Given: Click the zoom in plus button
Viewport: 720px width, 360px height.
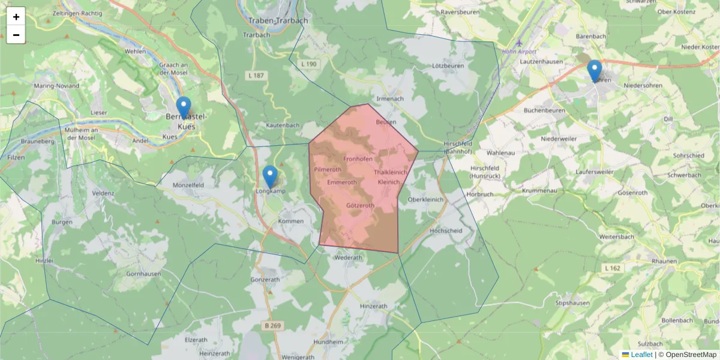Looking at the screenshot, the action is [x=16, y=17].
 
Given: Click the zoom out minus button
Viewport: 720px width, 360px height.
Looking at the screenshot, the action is [x=16, y=35].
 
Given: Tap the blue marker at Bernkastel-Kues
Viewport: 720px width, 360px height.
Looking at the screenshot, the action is [x=184, y=107].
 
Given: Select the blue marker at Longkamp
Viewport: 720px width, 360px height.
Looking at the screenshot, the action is [x=270, y=176].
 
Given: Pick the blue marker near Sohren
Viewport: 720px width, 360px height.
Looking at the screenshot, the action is [x=595, y=71].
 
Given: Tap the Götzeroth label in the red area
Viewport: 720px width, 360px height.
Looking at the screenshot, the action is [x=361, y=205].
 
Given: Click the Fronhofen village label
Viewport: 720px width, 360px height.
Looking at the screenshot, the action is [x=358, y=159].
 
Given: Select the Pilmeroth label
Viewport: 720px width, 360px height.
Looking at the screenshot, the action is [x=328, y=170].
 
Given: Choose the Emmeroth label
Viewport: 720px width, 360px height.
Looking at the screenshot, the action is [x=342, y=182].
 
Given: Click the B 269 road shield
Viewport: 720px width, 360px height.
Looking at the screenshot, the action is [x=272, y=325].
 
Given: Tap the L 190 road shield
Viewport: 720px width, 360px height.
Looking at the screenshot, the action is [x=309, y=64].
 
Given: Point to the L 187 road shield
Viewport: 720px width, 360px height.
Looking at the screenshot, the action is [x=255, y=74].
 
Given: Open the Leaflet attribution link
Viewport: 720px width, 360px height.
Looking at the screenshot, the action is [x=641, y=355].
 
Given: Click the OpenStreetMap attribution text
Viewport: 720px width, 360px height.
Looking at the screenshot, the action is [x=691, y=355].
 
